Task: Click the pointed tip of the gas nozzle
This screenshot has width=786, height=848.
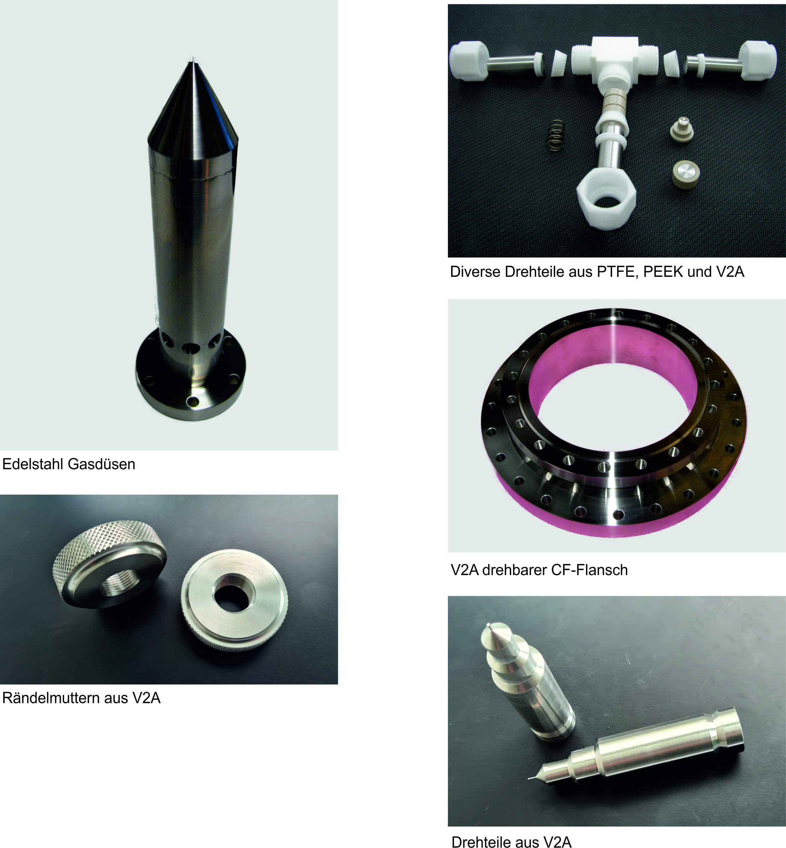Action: pos(193,58)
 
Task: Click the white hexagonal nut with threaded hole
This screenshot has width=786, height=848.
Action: pos(606,203)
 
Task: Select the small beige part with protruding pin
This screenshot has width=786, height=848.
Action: pos(682,130)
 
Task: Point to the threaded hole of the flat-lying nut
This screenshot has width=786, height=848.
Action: pos(234,592)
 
